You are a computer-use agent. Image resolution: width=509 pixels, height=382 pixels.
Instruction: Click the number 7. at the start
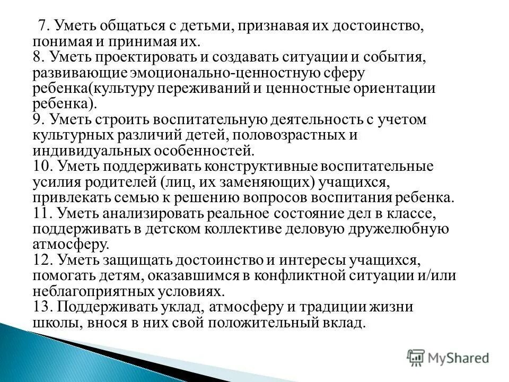pos(43,27)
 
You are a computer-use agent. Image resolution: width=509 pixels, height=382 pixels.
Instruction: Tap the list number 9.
pos(39,119)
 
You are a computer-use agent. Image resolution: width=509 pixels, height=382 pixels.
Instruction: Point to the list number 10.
pos(42,166)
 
